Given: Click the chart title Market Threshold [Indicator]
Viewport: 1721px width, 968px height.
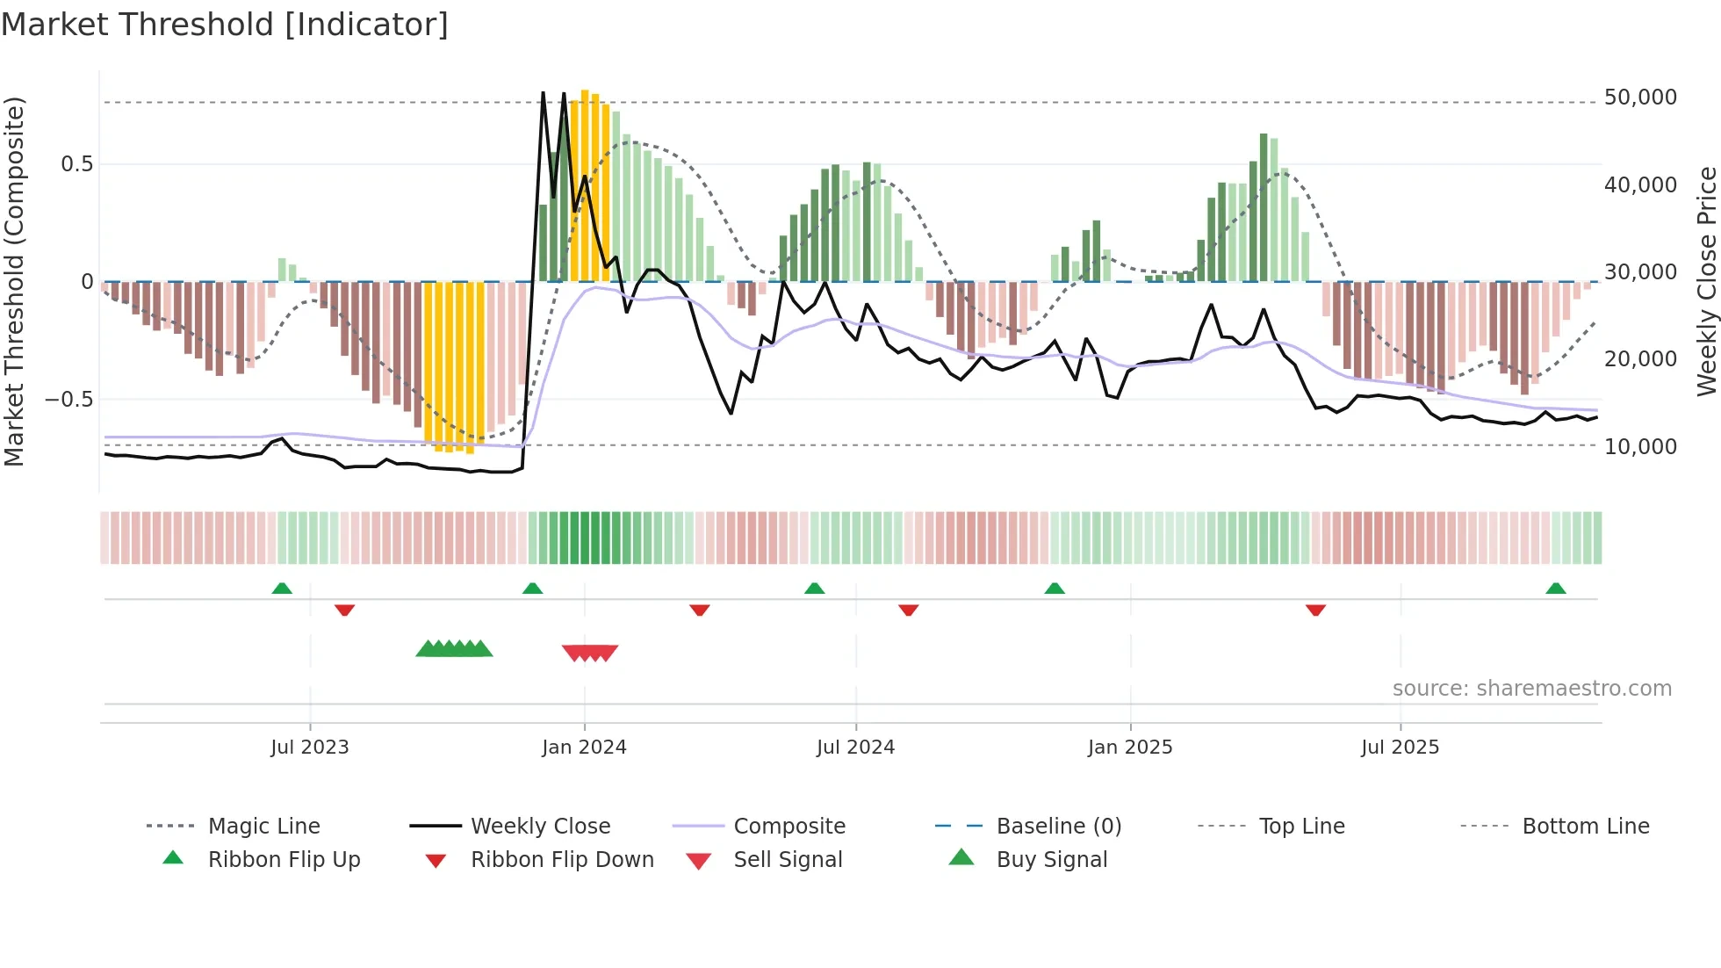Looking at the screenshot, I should (225, 25).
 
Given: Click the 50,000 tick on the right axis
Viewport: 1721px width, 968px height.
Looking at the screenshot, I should (1639, 98).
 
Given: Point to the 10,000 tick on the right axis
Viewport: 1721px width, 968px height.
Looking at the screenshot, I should (1639, 447).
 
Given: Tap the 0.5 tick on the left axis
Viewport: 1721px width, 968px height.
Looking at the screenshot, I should (76, 164).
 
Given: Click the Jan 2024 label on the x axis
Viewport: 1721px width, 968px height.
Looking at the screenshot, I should (584, 748).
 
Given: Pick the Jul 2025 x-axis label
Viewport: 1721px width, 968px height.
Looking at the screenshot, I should (1400, 748).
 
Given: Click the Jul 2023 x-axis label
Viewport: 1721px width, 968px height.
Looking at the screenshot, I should (310, 748).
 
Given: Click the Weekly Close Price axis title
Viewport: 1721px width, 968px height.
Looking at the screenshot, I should (1705, 281).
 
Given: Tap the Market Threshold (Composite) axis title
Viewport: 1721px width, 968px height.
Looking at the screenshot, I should (14, 281).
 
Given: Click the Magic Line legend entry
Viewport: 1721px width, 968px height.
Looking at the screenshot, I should (263, 827).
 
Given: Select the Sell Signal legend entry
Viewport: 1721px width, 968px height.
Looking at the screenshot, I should (788, 860).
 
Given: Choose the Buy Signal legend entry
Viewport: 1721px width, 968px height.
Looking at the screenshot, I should (1051, 860).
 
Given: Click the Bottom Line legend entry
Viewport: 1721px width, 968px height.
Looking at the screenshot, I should (1585, 827).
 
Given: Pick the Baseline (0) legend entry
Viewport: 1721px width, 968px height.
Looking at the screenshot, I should (1058, 827).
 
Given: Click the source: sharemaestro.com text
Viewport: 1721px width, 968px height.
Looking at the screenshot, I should (1531, 689).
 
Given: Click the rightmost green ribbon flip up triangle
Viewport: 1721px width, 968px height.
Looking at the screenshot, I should (1556, 589).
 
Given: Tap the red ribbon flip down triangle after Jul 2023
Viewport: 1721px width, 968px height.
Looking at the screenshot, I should (344, 610).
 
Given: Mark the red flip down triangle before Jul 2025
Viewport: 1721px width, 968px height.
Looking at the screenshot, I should (1315, 610).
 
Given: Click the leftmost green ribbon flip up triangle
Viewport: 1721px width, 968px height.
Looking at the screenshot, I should (282, 589).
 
